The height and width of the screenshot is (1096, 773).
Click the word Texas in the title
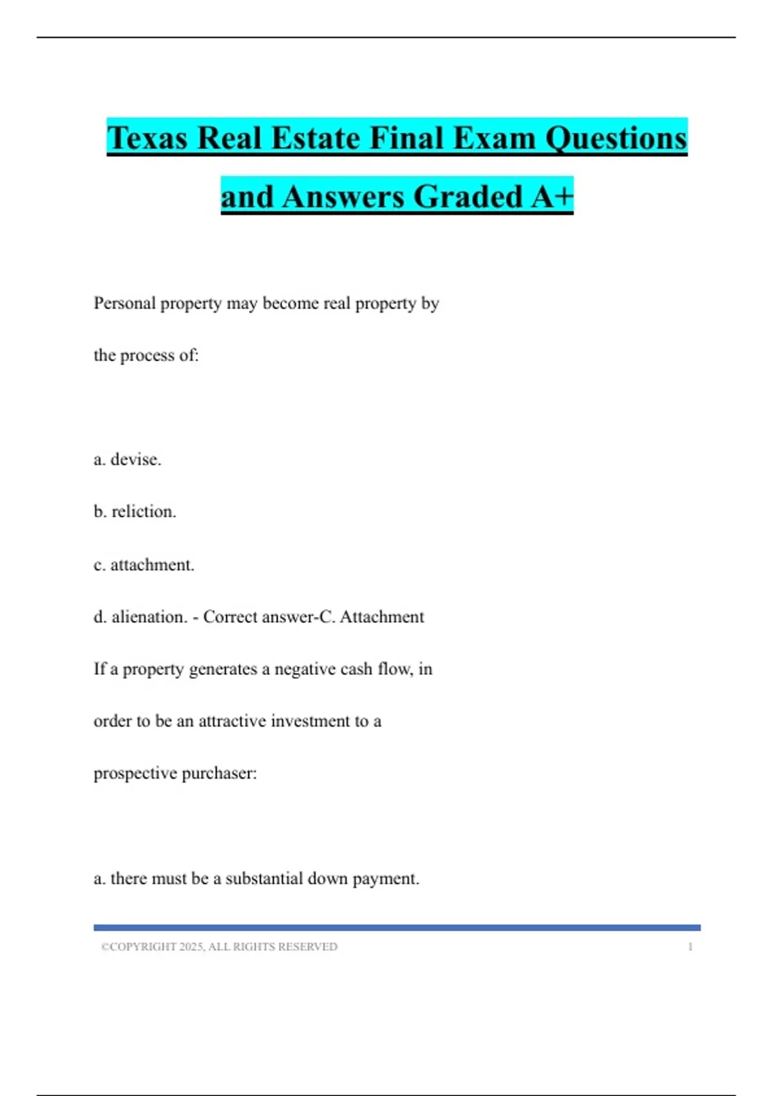click(x=148, y=139)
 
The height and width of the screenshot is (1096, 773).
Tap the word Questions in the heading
click(x=616, y=139)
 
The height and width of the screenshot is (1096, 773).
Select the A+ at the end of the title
click(x=552, y=197)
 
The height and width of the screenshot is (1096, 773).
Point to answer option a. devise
click(x=128, y=460)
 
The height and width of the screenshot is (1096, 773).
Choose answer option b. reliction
click(x=135, y=512)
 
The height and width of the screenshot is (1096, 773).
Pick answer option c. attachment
click(x=144, y=565)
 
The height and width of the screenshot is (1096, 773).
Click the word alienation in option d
click(x=149, y=617)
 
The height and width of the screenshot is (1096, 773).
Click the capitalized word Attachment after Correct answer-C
click(x=382, y=617)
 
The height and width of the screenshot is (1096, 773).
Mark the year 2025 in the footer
click(x=191, y=947)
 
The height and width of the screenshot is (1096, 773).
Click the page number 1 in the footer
click(x=690, y=947)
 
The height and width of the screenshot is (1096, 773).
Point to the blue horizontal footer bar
click(x=397, y=928)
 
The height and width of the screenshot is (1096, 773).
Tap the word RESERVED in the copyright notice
click(x=307, y=947)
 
